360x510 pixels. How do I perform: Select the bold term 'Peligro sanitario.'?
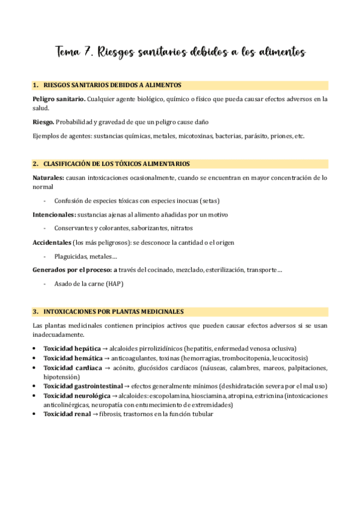(59, 99)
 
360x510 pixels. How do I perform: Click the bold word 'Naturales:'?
(49, 178)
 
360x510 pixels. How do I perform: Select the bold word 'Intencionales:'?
(54, 215)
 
